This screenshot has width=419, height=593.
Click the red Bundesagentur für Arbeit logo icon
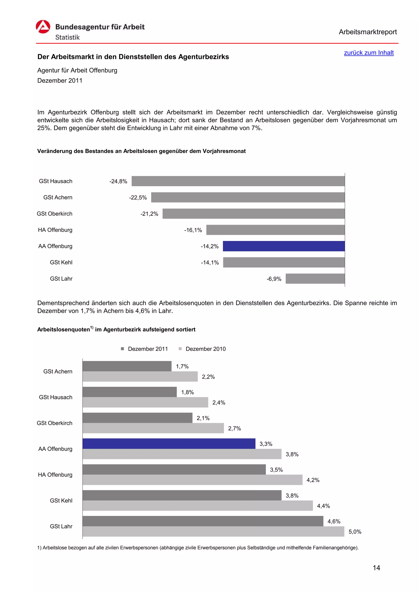(43, 27)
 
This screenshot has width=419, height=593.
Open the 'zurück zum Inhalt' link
(368, 53)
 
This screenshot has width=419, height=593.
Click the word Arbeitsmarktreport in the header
(367, 32)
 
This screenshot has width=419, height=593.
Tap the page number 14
(376, 567)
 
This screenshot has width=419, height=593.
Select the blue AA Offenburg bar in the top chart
(284, 246)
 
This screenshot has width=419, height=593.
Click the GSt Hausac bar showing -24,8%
(238, 181)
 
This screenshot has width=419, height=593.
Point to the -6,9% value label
(274, 279)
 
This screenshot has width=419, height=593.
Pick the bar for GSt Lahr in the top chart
(315, 279)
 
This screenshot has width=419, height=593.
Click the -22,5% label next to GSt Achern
(138, 198)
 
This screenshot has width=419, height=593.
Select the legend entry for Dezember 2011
(145, 349)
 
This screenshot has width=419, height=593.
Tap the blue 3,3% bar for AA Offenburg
(169, 443)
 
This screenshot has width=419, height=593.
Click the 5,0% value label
(355, 532)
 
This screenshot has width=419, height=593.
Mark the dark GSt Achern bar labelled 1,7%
(127, 366)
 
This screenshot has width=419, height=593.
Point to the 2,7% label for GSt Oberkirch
(234, 428)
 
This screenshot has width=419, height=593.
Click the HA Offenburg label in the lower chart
(55, 475)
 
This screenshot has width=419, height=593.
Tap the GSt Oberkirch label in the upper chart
(54, 214)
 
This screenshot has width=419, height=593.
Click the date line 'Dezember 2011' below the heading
(60, 81)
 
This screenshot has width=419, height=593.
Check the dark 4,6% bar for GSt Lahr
(203, 521)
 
